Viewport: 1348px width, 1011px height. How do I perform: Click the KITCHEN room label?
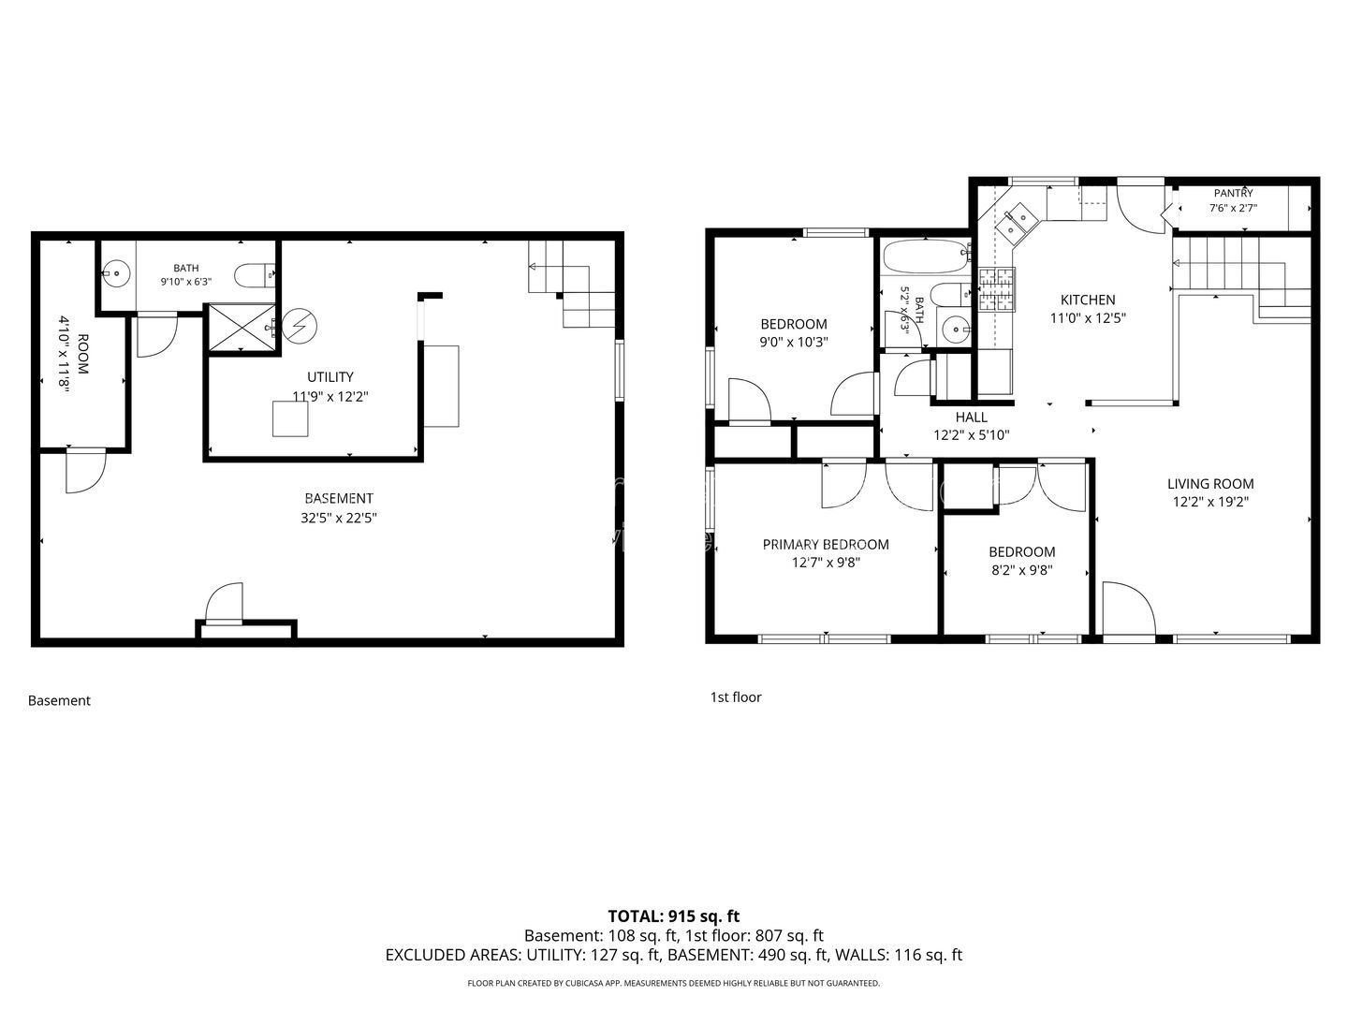[x=1087, y=300]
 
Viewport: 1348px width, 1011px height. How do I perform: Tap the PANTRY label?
[x=1233, y=194]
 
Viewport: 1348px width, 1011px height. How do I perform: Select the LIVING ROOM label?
[x=1209, y=484]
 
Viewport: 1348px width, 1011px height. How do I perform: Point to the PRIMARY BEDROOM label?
[x=826, y=545]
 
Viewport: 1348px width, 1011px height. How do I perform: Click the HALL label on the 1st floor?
[x=971, y=418]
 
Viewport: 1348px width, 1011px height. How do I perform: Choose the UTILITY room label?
[x=330, y=377]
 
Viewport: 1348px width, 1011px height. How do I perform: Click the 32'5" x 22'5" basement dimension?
[x=338, y=518]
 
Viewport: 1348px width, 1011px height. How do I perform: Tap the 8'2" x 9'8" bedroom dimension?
[x=1022, y=570]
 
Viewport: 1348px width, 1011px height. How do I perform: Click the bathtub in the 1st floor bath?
[x=926, y=256]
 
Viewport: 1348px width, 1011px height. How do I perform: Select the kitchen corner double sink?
[x=1015, y=224]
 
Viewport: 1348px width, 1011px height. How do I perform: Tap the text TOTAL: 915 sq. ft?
[x=674, y=916]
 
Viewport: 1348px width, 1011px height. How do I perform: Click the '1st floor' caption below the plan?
[x=736, y=697]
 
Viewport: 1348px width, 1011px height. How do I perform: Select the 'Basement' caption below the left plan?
[x=59, y=701]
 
